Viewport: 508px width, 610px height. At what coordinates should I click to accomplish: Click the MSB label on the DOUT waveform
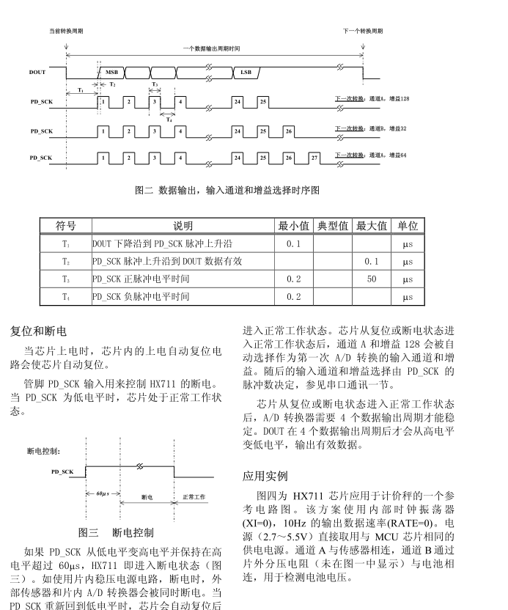[x=111, y=73]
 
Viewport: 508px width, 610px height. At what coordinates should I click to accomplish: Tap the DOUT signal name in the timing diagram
[x=37, y=73]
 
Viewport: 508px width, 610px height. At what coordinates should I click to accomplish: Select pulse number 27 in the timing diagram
[x=315, y=158]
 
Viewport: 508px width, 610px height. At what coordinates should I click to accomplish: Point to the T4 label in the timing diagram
[x=169, y=119]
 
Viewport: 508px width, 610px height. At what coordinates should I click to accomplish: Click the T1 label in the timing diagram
[x=80, y=89]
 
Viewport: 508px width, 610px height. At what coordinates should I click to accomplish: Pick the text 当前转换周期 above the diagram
[x=66, y=32]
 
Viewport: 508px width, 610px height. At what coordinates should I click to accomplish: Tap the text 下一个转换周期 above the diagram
[x=362, y=32]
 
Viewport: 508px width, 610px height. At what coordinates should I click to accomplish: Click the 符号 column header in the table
[x=66, y=226]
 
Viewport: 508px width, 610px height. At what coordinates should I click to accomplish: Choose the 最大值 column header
[x=372, y=226]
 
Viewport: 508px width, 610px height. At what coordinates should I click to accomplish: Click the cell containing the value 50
[x=372, y=279]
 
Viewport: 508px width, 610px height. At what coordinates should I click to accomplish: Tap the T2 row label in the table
[x=66, y=261]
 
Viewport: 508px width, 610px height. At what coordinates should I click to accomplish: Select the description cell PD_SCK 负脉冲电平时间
[x=141, y=296]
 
